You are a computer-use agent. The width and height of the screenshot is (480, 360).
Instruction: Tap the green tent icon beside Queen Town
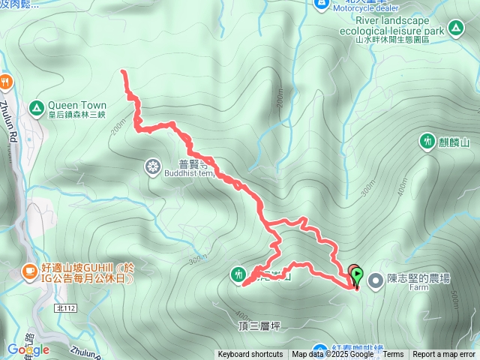pyautogui.click(x=36, y=109)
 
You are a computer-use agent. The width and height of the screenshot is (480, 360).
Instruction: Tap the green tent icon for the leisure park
pyautogui.click(x=454, y=29)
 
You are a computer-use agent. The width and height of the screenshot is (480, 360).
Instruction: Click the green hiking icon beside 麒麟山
pyautogui.click(x=427, y=140)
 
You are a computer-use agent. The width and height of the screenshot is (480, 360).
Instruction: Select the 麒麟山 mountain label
pyautogui.click(x=454, y=142)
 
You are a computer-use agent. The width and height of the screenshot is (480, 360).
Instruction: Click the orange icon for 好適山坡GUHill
pyautogui.click(x=29, y=269)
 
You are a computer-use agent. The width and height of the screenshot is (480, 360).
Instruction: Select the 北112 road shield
pyautogui.click(x=67, y=307)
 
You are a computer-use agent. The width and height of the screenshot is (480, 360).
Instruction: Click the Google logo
pyautogui.click(x=28, y=349)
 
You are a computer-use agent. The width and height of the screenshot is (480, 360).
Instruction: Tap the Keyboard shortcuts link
pyautogui.click(x=250, y=355)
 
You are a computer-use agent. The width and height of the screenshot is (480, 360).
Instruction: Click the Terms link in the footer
pyautogui.click(x=393, y=355)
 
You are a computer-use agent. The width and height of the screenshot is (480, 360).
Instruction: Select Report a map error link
pyautogui.click(x=444, y=355)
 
